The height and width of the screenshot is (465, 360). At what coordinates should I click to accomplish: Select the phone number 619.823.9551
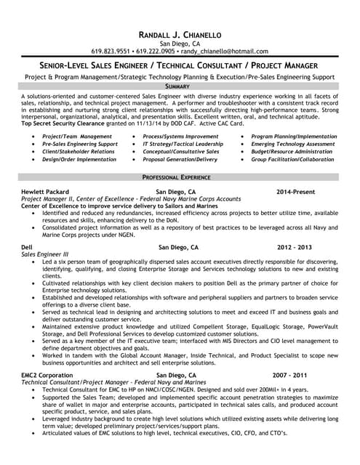(x=111, y=52)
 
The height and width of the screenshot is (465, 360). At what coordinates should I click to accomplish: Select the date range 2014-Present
(x=295, y=191)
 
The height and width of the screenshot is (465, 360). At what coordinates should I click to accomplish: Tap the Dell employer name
(x=28, y=247)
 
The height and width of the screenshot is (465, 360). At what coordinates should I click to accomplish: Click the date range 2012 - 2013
(x=295, y=247)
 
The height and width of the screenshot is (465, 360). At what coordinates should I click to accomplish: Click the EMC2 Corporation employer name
(x=47, y=375)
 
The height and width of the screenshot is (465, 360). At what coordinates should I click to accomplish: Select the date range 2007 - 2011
(x=290, y=375)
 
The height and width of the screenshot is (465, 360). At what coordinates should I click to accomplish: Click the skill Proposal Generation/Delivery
(x=180, y=159)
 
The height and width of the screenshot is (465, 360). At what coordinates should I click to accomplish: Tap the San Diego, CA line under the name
(x=179, y=44)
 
